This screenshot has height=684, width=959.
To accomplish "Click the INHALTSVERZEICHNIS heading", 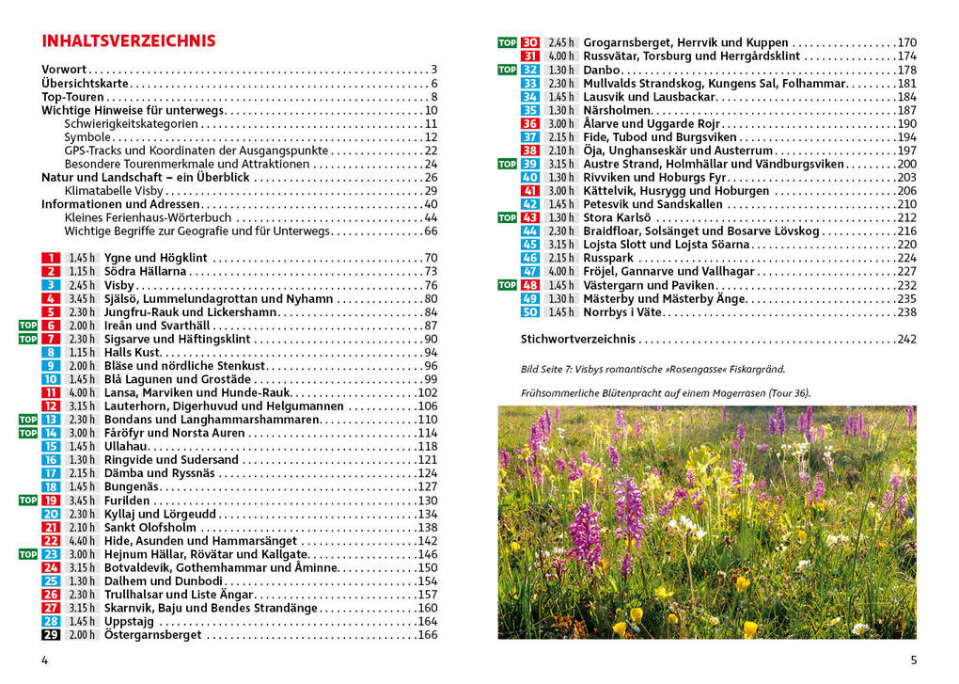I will (129, 41).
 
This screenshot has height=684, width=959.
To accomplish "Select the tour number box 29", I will (51, 635).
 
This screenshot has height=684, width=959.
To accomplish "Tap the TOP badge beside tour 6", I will (28, 326).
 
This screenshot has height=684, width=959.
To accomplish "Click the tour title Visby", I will (119, 285).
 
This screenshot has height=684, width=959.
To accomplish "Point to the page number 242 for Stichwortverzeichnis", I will (906, 340).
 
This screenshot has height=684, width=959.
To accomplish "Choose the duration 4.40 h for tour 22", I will (82, 541).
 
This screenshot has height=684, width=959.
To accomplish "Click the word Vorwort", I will (64, 70).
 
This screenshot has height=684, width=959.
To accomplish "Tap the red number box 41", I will (530, 191).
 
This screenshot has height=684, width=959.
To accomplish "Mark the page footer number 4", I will (44, 660).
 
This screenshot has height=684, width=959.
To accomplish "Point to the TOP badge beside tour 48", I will (507, 285).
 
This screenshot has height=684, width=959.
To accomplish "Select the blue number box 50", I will (530, 312).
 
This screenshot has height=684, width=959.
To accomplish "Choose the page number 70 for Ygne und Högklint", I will (431, 258).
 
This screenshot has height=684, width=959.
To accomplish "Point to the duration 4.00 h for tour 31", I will (561, 56).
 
